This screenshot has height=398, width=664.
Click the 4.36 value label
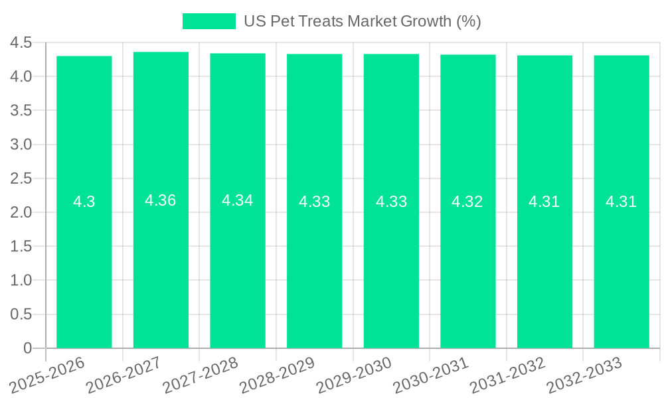click(161, 200)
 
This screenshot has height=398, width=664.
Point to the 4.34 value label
click(238, 200)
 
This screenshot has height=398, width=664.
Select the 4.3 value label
click(84, 202)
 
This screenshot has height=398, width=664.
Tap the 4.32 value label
click(467, 202)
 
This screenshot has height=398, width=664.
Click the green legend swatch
click(209, 21)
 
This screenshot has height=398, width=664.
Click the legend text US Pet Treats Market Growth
click(362, 21)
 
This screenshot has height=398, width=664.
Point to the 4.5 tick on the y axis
click(21, 43)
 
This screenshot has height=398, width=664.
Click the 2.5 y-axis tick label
click(21, 178)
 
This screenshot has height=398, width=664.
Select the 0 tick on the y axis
click(28, 348)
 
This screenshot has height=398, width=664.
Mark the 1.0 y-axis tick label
click(21, 281)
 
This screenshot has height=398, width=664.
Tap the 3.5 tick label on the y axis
click(21, 111)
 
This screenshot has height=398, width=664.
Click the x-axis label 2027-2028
click(201, 375)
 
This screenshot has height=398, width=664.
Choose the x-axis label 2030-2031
click(431, 375)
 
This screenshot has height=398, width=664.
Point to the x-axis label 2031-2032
click(507, 375)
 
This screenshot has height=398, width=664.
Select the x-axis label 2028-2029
click(277, 375)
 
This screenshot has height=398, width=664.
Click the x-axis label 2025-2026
click(47, 375)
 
